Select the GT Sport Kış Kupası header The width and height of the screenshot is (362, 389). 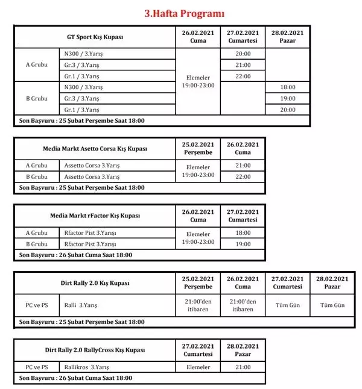(95, 37)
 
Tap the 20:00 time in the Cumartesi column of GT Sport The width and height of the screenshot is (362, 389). (243, 54)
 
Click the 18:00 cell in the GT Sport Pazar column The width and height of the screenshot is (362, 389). (287, 87)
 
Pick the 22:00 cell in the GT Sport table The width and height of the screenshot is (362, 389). (243, 76)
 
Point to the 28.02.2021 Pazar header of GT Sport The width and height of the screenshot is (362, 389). (287, 37)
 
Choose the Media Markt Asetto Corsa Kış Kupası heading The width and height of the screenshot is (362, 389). (95, 148)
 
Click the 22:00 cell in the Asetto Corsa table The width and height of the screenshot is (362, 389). (243, 176)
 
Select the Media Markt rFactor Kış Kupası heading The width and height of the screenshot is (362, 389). (95, 216)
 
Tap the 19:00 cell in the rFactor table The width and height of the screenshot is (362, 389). (243, 244)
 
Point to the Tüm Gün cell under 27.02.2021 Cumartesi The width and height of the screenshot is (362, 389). (287, 305)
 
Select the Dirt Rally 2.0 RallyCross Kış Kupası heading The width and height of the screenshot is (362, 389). (95, 350)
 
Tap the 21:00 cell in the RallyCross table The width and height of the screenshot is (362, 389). (243, 367)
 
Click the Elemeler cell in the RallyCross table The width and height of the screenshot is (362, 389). (197, 367)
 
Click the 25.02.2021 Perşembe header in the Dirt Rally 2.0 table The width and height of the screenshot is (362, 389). (197, 283)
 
